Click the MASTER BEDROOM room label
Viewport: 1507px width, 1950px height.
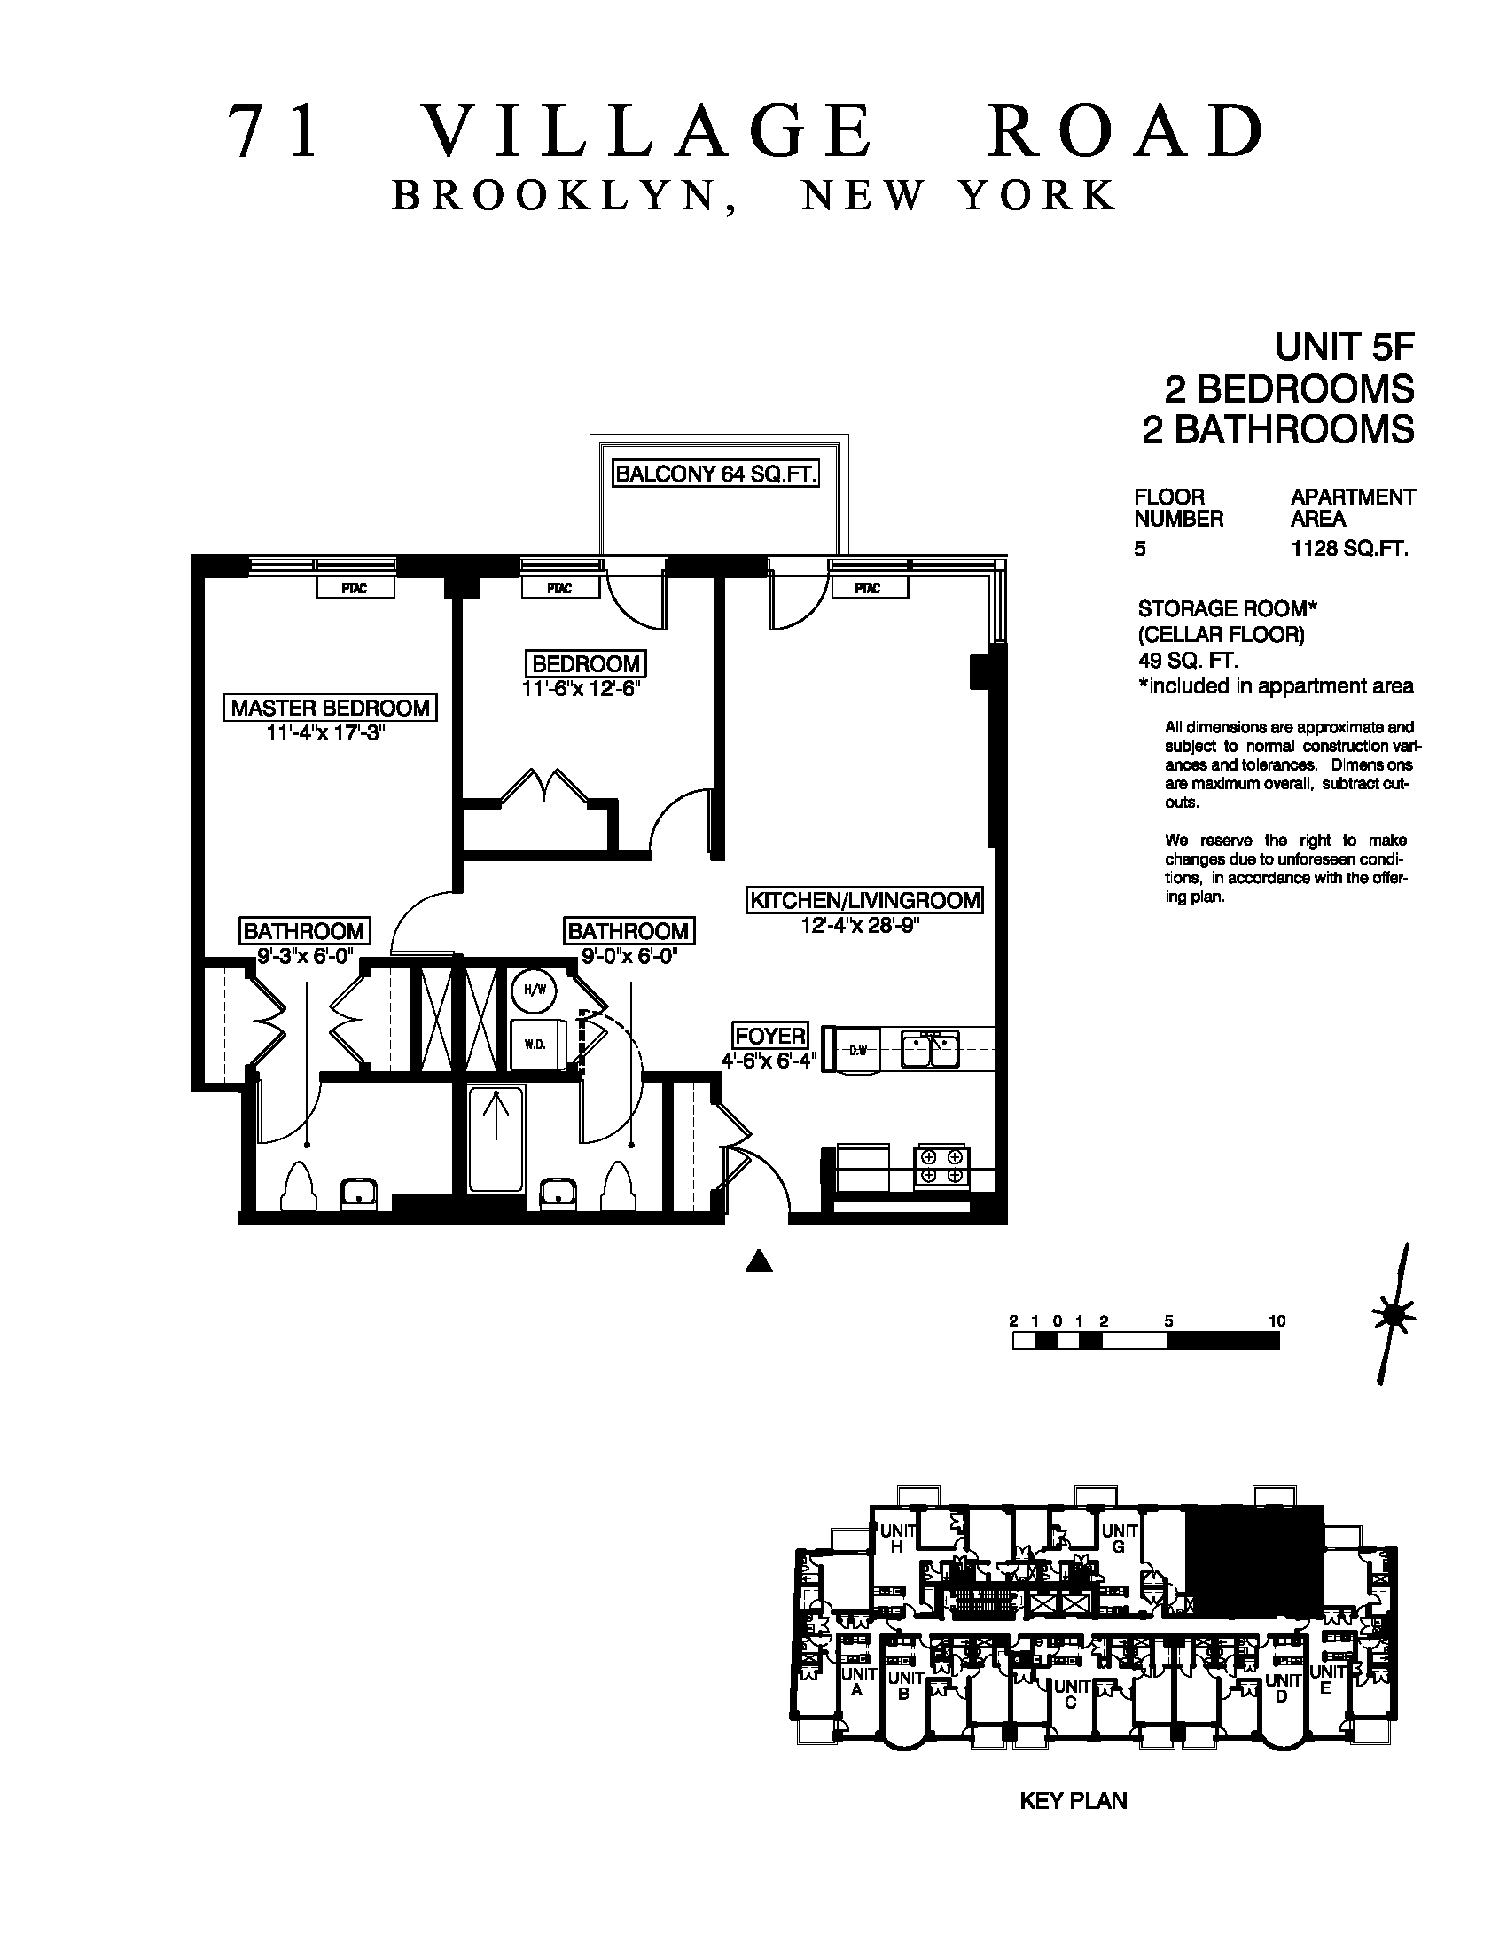point(331,708)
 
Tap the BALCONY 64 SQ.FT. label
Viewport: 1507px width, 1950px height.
point(715,474)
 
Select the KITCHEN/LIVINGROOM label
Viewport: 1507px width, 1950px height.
point(864,900)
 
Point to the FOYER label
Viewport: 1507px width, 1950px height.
point(769,1036)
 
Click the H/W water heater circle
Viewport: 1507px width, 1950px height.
point(534,990)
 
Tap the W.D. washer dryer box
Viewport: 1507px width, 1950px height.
point(535,1045)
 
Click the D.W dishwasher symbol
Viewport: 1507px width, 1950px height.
point(855,1050)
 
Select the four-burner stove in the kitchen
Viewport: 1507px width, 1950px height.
point(941,1167)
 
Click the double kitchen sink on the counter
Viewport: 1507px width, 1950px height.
point(929,1049)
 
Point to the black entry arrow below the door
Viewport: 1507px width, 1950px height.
point(759,1260)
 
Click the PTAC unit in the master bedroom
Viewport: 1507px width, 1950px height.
point(355,589)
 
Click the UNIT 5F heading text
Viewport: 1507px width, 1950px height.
point(1345,345)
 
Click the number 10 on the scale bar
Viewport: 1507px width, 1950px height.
point(1276,1320)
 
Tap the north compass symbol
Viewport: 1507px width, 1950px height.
point(1394,1313)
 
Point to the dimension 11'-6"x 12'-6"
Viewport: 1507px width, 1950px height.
point(583,689)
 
